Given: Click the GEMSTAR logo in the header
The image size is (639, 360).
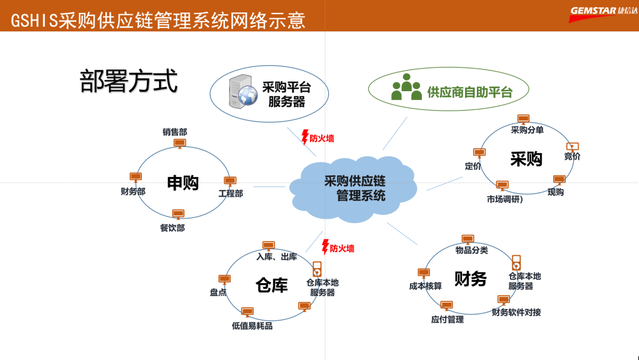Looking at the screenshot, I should pyautogui.click(x=603, y=14).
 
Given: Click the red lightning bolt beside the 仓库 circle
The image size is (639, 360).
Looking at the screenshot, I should pyautogui.click(x=325, y=246).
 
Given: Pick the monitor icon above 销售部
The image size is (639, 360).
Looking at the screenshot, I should pyautogui.click(x=179, y=143).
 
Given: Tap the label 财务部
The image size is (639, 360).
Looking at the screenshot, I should pyautogui.click(x=133, y=191).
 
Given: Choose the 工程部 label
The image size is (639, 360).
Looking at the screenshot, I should pyautogui.click(x=231, y=194).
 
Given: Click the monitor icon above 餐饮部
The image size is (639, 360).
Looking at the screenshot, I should pyautogui.click(x=178, y=214).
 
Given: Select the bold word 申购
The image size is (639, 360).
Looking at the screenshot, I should pyautogui.click(x=182, y=183).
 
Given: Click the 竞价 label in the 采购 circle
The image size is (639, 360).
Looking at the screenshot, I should pyautogui.click(x=572, y=156).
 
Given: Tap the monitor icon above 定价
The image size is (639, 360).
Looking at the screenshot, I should pyautogui.click(x=479, y=153).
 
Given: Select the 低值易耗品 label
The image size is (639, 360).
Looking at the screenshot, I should pyautogui.click(x=252, y=326).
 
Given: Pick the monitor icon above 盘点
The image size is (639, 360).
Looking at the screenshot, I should pyautogui.click(x=224, y=279).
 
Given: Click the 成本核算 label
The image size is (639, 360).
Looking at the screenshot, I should pyautogui.click(x=425, y=286).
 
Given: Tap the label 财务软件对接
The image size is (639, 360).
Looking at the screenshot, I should pyautogui.click(x=517, y=312).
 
